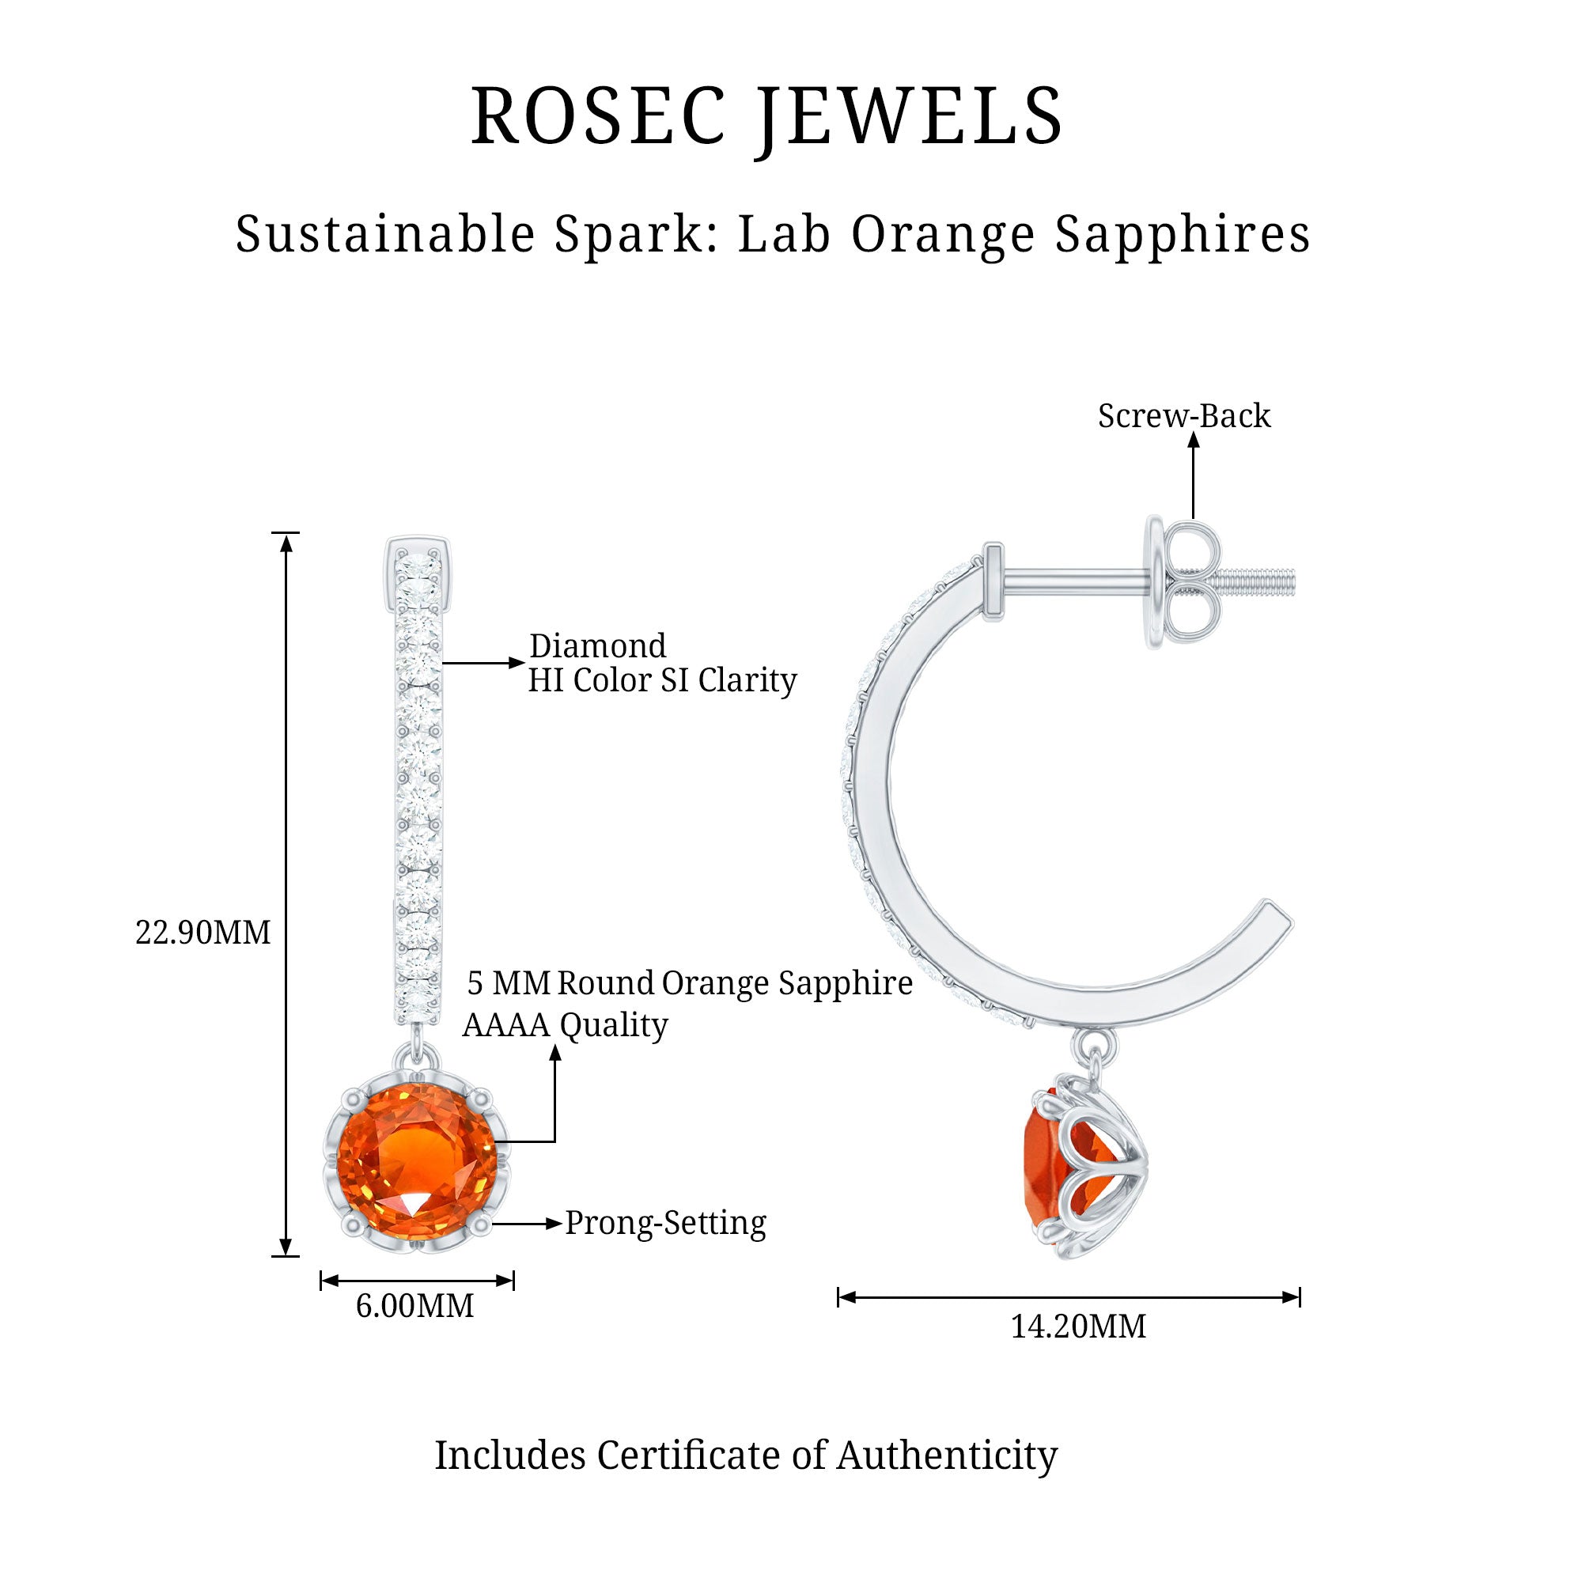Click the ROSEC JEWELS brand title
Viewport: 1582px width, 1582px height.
(766, 116)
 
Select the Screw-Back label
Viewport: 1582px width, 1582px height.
(1183, 416)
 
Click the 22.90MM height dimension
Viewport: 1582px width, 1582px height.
(202, 933)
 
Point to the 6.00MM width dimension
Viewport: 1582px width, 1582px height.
(414, 1305)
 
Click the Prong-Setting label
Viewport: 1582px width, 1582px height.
(665, 1223)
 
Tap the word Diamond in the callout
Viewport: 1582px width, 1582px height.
(597, 646)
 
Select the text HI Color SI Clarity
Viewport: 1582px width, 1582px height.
(661, 679)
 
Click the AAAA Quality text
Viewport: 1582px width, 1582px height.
(565, 1024)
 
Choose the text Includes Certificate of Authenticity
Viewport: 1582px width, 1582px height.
(745, 1455)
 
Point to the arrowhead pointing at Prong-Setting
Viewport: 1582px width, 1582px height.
(555, 1224)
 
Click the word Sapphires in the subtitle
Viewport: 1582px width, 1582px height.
(1183, 234)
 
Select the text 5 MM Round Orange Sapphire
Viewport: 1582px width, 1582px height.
(689, 983)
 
